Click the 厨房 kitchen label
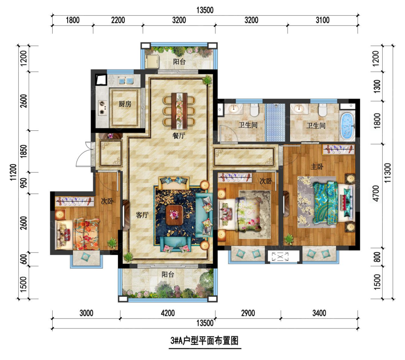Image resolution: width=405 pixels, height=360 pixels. (125, 104)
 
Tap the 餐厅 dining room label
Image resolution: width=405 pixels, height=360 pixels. (179, 135)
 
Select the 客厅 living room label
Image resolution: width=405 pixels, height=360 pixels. (142, 215)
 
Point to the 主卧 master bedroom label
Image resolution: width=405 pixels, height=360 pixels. (317, 166)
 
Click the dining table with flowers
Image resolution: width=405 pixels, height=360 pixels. (179, 111)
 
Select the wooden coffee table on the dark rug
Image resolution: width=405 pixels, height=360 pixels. (174, 215)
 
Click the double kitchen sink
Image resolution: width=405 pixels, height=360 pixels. (126, 81)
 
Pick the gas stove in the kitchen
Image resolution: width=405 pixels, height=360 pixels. (102, 108)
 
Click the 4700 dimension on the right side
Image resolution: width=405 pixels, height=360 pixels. (376, 194)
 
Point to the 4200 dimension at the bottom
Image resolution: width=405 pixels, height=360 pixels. (168, 313)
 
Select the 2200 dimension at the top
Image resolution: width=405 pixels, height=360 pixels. (118, 20)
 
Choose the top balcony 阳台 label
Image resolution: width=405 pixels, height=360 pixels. (179, 62)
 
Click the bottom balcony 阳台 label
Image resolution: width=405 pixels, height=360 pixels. (168, 274)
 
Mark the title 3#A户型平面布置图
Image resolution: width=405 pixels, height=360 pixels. (204, 341)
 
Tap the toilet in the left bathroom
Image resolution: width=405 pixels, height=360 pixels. (254, 110)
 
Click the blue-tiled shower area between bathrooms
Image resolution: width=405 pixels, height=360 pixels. (276, 122)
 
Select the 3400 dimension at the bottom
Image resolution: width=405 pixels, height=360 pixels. (319, 313)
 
